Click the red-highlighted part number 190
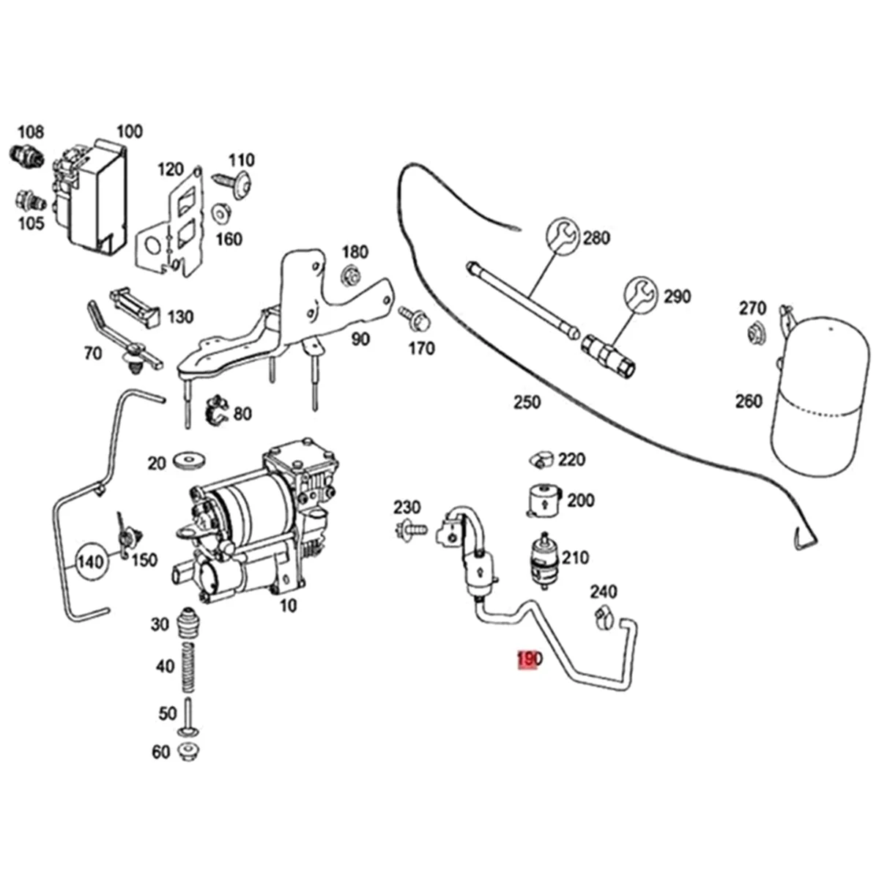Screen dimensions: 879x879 (x=528, y=660)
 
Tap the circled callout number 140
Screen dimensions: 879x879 (x=91, y=563)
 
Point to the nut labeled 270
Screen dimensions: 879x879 (x=755, y=335)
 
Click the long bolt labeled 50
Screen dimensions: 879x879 (x=189, y=715)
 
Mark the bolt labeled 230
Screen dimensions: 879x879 (x=411, y=527)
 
